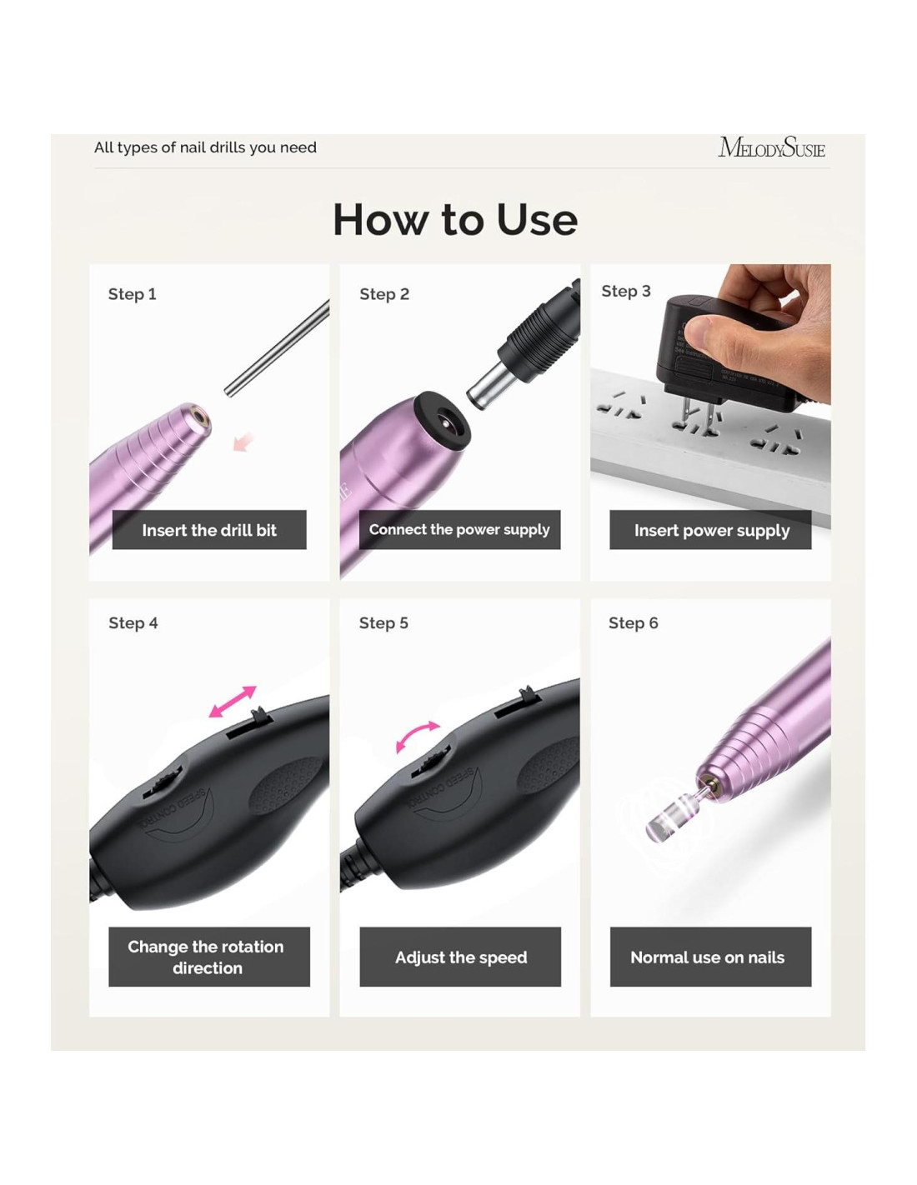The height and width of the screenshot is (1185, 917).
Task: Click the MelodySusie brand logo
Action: point(771,147)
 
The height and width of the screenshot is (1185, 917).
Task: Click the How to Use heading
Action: point(455,219)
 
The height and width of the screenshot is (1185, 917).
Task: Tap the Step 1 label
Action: point(132,294)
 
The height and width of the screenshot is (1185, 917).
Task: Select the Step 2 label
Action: point(384,294)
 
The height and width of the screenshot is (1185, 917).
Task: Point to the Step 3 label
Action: point(626,291)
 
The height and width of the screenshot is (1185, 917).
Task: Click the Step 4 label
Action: point(133,622)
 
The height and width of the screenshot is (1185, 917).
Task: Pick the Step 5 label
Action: point(383,622)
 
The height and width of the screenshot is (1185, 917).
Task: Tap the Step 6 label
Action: point(634,622)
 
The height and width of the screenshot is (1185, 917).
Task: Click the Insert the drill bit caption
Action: point(209,530)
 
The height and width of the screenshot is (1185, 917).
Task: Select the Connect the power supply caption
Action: point(459,529)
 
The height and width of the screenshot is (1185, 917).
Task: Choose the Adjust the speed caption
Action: point(460,957)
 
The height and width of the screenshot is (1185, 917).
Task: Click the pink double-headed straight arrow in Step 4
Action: point(233,702)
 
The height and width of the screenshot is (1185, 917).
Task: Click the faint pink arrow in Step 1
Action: point(244,442)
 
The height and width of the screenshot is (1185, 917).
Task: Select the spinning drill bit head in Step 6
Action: point(667,819)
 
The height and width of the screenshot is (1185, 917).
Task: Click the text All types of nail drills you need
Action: point(205,147)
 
